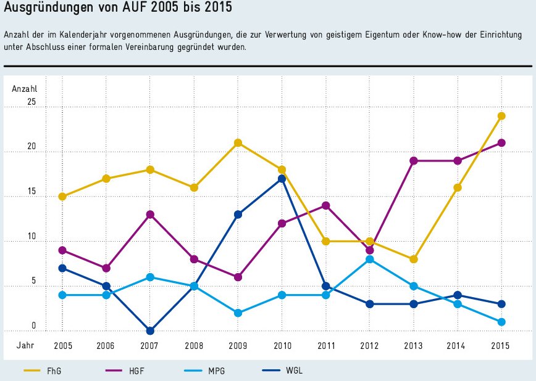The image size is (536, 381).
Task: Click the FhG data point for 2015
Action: [x=502, y=116]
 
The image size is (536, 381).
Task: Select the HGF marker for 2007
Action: [x=150, y=215]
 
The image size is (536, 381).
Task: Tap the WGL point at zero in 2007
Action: [x=150, y=331]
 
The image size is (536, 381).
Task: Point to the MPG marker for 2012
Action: [x=370, y=260]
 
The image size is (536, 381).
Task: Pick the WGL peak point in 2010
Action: [x=282, y=179]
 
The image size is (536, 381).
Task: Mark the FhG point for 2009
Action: [x=238, y=143]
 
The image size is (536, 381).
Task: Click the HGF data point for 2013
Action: [x=414, y=161]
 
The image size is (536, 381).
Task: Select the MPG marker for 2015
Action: [x=502, y=322]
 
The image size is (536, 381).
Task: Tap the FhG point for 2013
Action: [x=414, y=260]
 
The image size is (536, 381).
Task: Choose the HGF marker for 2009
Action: [x=238, y=277]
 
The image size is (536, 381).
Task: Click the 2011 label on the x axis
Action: [x=325, y=346]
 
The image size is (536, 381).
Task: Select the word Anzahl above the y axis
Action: [x=25, y=89]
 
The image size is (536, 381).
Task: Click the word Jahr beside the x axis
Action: [x=25, y=346]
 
